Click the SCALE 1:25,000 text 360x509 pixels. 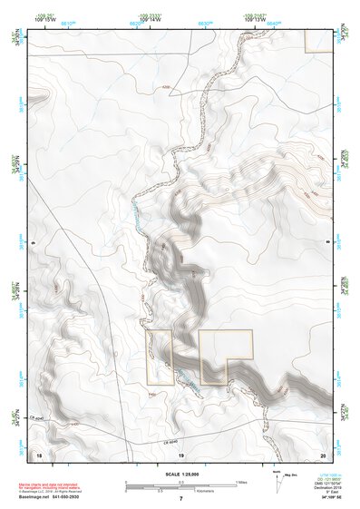point(180,472)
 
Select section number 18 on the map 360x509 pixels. point(39,453)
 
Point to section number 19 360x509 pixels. point(180,453)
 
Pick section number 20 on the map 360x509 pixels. point(322,453)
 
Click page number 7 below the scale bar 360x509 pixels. point(180,499)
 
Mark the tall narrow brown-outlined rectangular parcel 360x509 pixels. point(160,357)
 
